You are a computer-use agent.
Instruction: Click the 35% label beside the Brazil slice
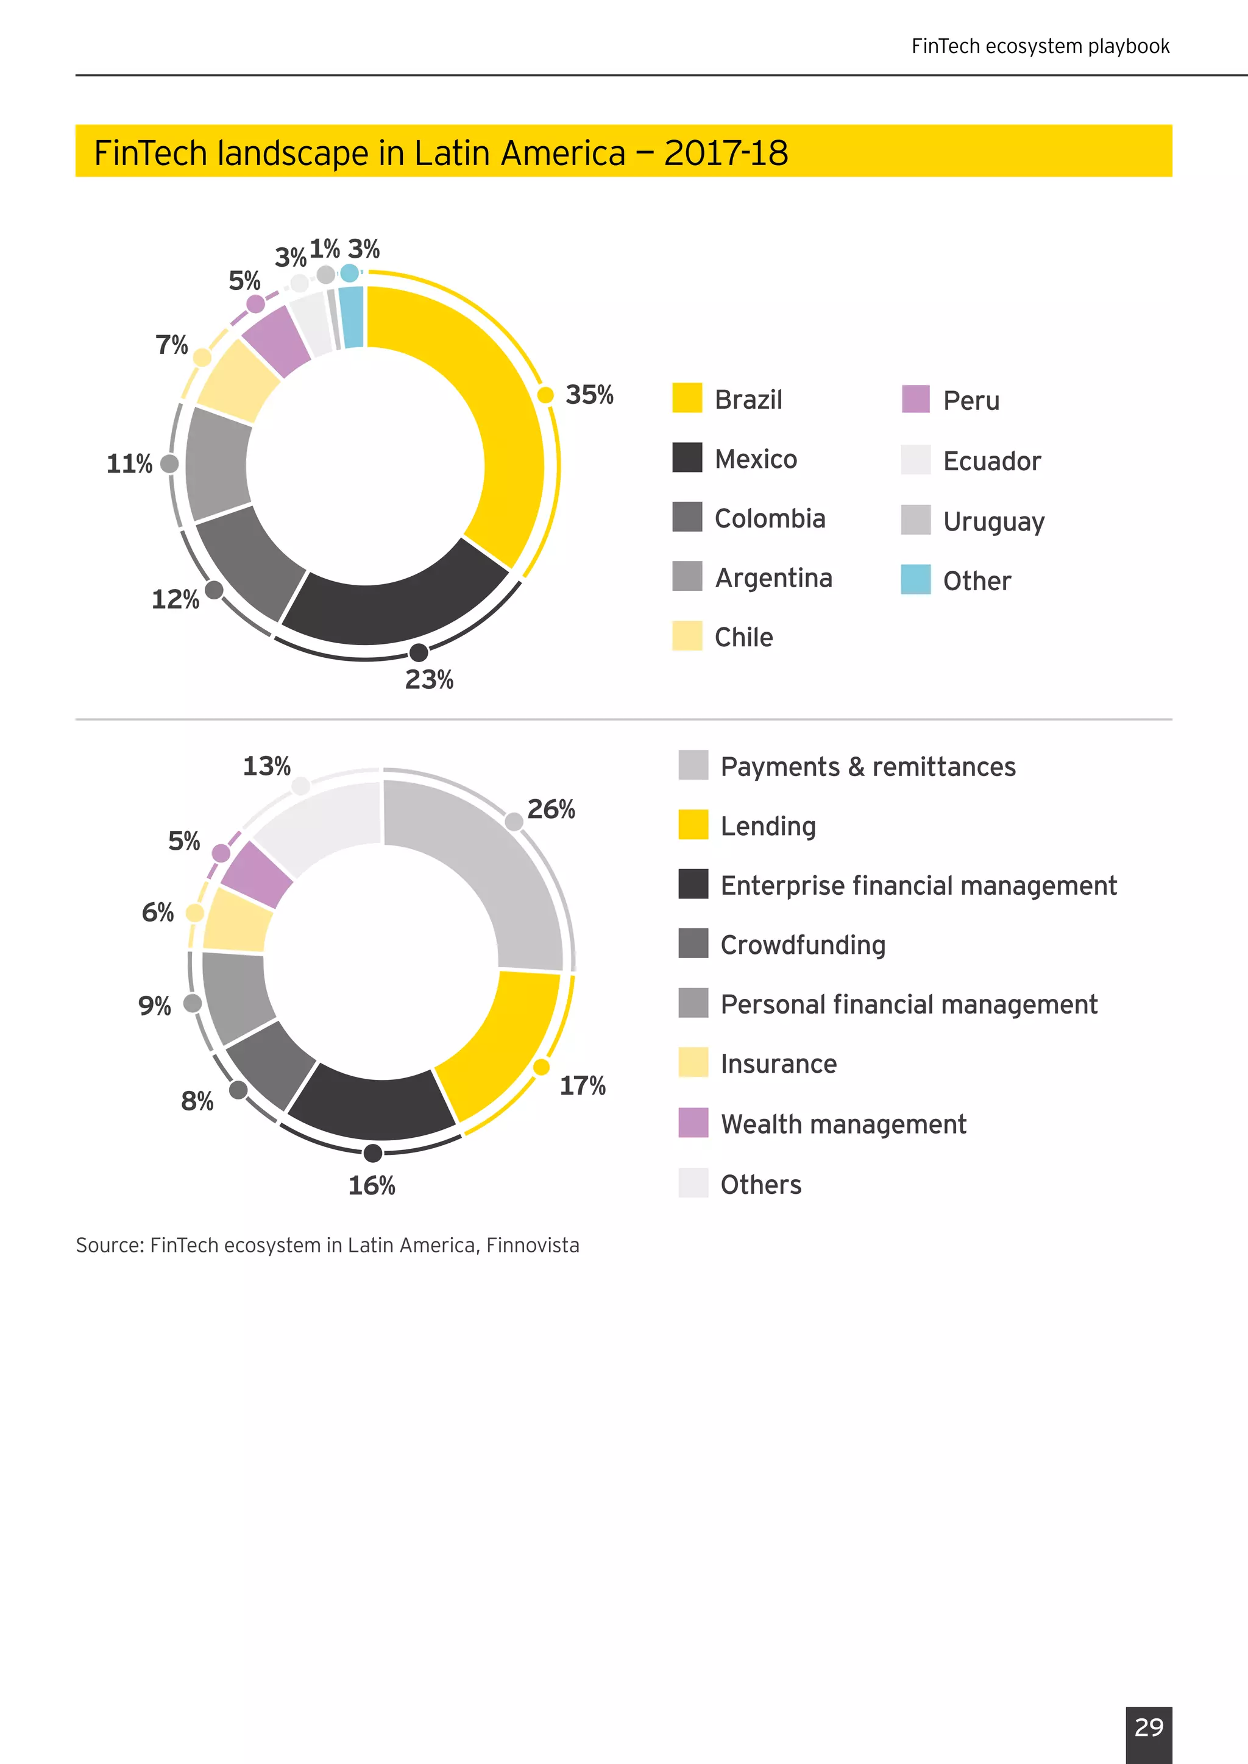point(589,395)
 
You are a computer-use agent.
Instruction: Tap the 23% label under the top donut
point(429,680)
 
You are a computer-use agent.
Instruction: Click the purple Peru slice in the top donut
point(275,341)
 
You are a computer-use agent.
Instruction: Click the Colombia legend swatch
point(687,517)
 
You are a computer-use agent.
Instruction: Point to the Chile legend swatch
point(687,636)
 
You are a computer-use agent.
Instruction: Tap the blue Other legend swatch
point(915,579)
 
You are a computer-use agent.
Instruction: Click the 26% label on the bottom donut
point(551,809)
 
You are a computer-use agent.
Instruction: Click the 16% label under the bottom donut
point(372,1185)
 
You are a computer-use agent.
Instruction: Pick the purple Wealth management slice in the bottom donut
point(257,874)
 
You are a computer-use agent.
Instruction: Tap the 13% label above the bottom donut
point(267,766)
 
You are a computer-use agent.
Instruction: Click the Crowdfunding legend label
point(803,945)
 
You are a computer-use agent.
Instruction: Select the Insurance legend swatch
point(693,1062)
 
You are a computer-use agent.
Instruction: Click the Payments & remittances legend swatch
point(693,765)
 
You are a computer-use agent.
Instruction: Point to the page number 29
point(1149,1726)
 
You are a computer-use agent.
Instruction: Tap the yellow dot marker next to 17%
point(541,1067)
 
